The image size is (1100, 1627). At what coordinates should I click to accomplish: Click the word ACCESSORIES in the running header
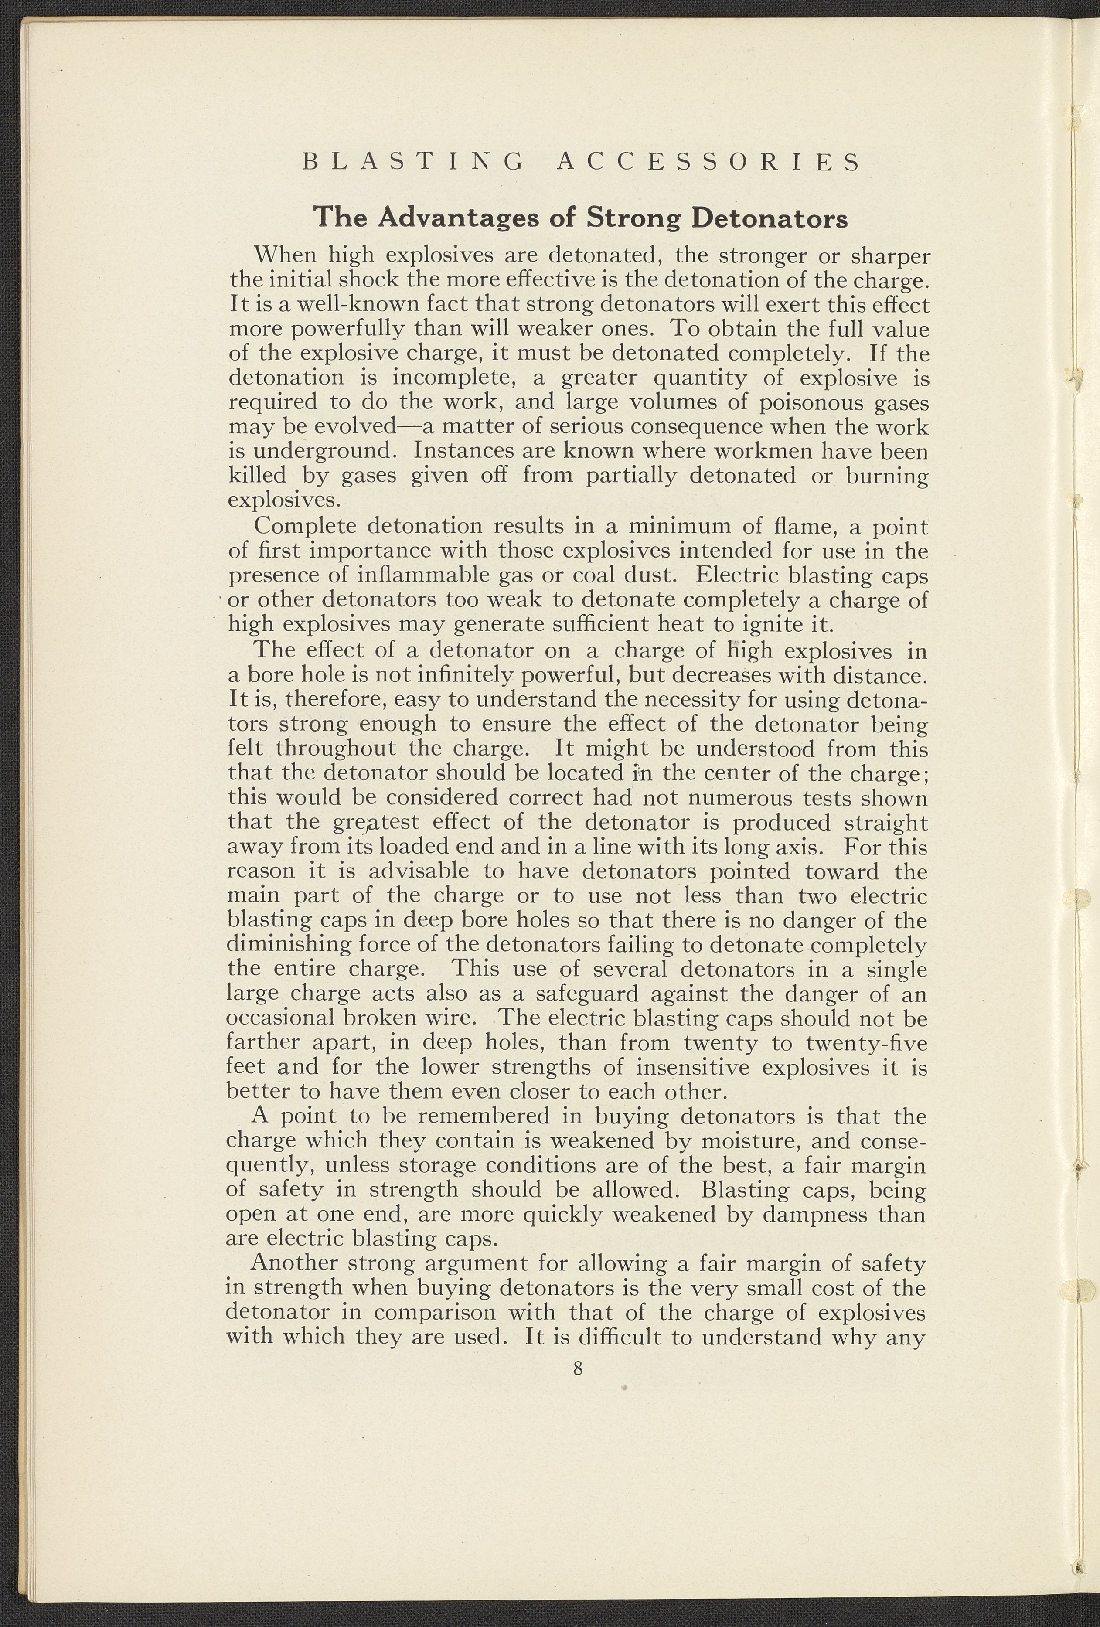[x=708, y=163]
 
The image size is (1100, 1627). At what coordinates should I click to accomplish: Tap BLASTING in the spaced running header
[x=413, y=163]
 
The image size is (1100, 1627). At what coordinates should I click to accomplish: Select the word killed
[x=258, y=476]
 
